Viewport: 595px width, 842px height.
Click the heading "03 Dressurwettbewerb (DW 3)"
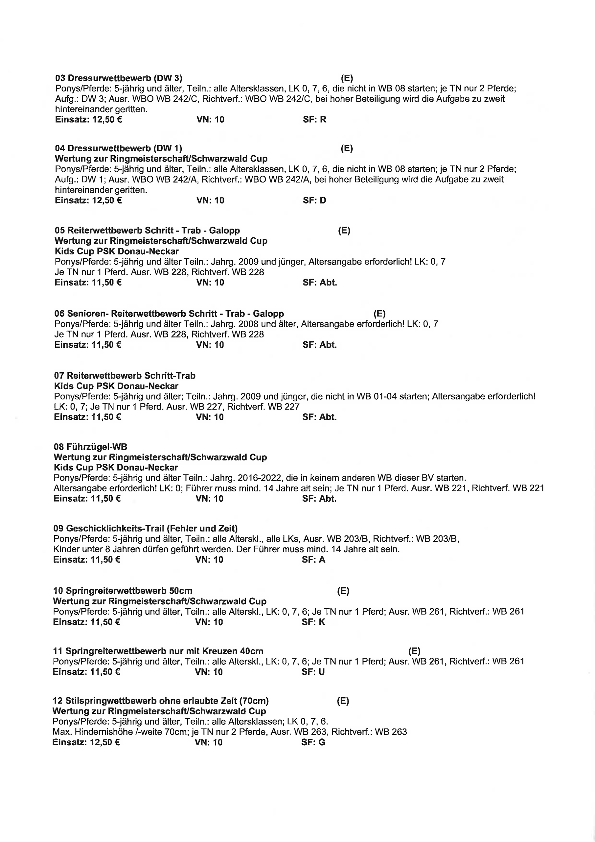pos(119,78)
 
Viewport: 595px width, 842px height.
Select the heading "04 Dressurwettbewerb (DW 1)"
pos(118,149)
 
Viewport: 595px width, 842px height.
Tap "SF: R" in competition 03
pos(314,119)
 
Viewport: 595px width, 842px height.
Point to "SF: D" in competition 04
pos(314,201)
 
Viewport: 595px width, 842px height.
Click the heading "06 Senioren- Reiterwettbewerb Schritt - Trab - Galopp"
pos(169,314)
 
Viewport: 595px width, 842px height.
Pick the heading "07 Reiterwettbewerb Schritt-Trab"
pos(125,376)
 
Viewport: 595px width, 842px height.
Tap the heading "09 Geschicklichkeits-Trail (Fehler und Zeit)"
pos(146,529)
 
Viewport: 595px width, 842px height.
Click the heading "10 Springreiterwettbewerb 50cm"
pos(123,591)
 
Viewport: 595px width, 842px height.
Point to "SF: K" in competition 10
pos(314,622)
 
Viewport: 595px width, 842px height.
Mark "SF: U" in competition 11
pos(313,672)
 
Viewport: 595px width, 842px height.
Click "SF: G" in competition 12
pos(313,743)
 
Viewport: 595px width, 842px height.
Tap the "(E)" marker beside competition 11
pos(414,651)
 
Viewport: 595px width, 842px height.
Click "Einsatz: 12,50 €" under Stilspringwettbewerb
pos(86,743)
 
